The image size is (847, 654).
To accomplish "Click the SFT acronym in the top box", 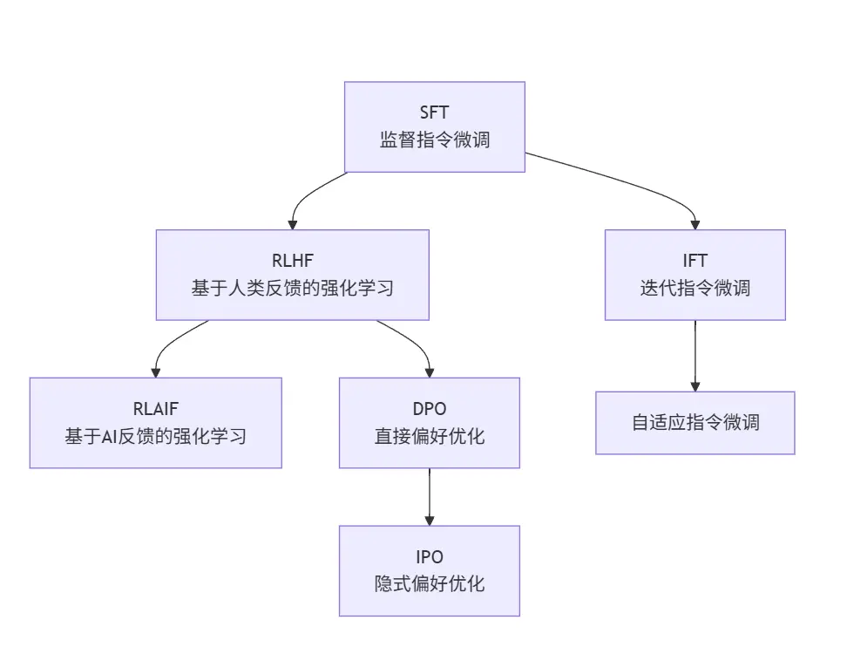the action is (x=434, y=112).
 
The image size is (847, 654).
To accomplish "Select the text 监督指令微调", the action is (x=434, y=140).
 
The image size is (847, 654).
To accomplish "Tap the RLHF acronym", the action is (x=292, y=261).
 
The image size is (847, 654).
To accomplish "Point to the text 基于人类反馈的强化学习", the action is (x=292, y=288).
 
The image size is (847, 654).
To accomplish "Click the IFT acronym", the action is (x=695, y=261).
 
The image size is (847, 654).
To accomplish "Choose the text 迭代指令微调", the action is (x=695, y=288).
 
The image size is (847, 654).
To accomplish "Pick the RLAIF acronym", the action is (x=156, y=409).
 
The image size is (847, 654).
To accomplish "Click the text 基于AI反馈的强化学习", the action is (x=156, y=436).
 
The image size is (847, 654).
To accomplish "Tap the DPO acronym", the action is (x=430, y=409).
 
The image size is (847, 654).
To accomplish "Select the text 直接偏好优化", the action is (x=430, y=436).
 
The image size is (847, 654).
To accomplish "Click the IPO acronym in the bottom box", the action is (x=430, y=556).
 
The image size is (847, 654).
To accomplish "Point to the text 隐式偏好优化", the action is (x=430, y=583).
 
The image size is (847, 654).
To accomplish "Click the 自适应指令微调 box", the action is (x=695, y=423).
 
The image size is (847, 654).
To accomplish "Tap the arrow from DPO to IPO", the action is (x=430, y=497).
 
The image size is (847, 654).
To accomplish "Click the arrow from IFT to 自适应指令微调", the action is (x=695, y=356).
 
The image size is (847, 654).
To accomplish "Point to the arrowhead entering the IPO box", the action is (x=430, y=521).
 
